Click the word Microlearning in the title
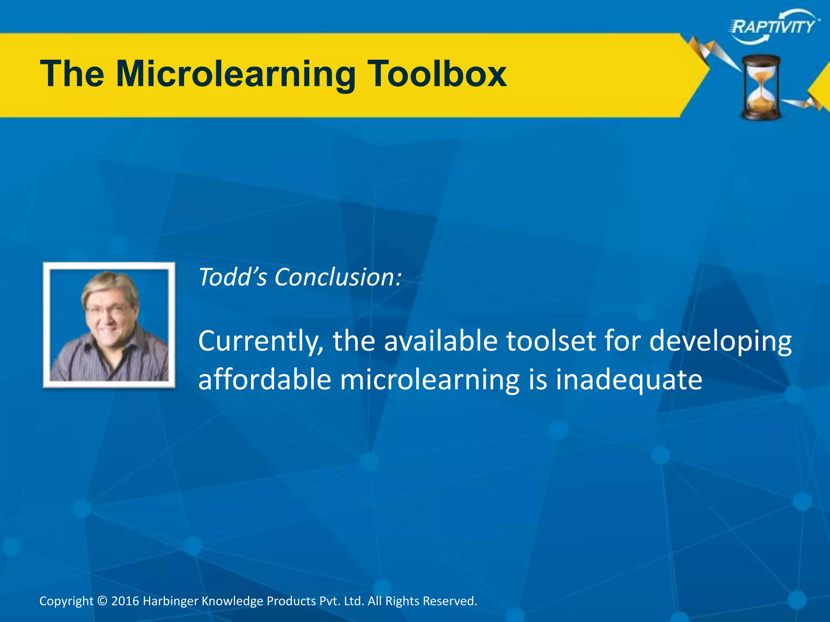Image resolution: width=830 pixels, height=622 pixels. coord(235,75)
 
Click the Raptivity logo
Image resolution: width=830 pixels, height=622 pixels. coord(774,27)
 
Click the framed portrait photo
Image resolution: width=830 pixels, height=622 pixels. coord(109,325)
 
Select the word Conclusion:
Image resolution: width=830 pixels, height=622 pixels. coord(338,277)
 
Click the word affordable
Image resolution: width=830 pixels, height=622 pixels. coord(264,379)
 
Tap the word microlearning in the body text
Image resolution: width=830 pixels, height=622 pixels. coord(430,380)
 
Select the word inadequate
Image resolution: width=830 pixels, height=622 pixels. coord(628,380)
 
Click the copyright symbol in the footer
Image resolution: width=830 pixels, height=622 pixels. coord(103,601)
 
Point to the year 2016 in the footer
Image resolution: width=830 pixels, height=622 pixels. coord(125,601)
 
